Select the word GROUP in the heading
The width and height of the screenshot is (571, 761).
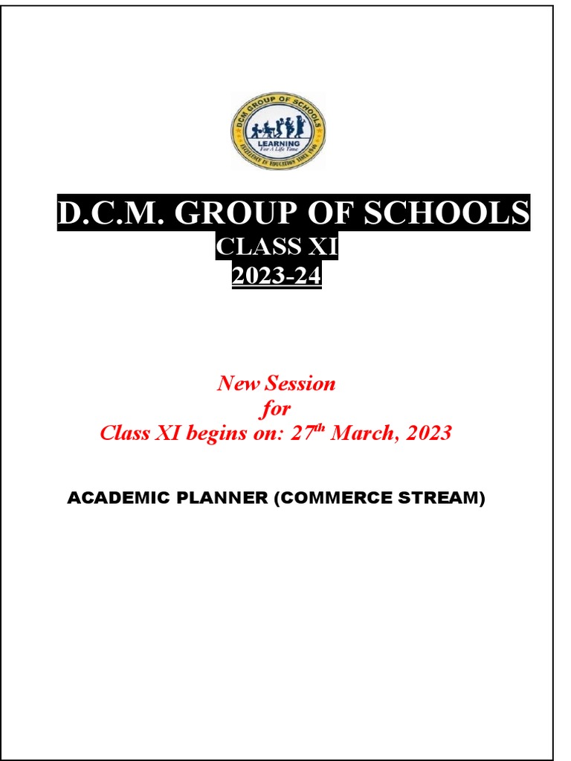tap(223, 214)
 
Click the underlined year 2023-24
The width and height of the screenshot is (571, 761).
tap(277, 276)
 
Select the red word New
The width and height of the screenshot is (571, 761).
tap(238, 383)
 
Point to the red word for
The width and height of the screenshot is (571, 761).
tap(275, 408)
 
